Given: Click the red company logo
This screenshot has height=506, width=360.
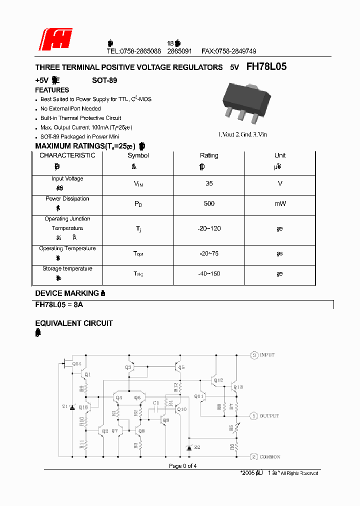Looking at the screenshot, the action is pyautogui.click(x=56, y=39).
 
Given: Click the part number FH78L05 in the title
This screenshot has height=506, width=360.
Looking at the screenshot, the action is pyautogui.click(x=266, y=66).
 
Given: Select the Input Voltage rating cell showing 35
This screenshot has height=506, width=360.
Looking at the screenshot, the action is pyautogui.click(x=209, y=183).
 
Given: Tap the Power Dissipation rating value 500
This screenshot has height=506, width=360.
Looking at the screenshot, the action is pyautogui.click(x=209, y=203).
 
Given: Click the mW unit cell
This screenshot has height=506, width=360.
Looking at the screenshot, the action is pyautogui.click(x=280, y=203).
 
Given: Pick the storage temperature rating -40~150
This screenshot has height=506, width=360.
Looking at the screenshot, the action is pyautogui.click(x=209, y=273).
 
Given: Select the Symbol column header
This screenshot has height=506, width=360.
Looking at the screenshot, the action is pyautogui.click(x=138, y=155).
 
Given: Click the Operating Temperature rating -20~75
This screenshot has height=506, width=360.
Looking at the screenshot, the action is pyautogui.click(x=209, y=253).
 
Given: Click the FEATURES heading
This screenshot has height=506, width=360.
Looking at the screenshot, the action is pyautogui.click(x=52, y=90).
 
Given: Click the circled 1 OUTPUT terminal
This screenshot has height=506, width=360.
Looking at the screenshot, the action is pyautogui.click(x=254, y=415).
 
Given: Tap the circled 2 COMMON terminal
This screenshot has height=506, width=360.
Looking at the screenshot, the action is pyautogui.click(x=254, y=456).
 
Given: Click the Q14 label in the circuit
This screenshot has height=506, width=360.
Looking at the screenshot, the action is pyautogui.click(x=76, y=363).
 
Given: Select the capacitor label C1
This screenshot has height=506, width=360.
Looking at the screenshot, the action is pyautogui.click(x=156, y=402).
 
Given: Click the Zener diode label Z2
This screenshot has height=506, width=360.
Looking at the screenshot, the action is pyautogui.click(x=197, y=446).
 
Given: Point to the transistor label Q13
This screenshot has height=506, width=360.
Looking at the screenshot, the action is pyautogui.click(x=238, y=387).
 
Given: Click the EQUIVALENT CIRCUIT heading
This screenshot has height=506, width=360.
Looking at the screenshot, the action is pyautogui.click(x=74, y=323).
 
